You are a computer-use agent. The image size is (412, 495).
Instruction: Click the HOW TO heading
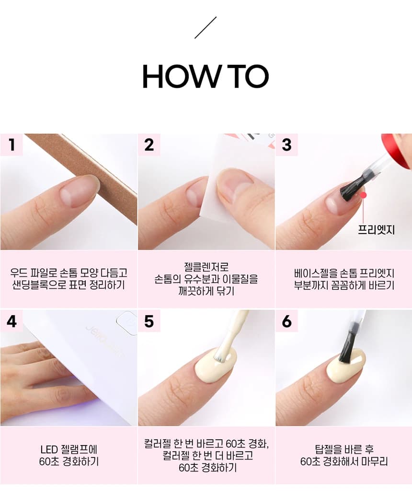[206, 76]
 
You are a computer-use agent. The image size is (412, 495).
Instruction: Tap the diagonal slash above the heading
[206, 27]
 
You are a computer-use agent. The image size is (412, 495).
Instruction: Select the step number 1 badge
[11, 145]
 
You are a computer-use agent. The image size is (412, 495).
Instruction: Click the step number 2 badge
[149, 145]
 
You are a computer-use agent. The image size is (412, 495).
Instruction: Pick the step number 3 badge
[286, 145]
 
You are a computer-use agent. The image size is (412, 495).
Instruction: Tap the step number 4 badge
[11, 321]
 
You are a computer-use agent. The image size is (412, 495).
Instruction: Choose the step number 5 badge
[149, 321]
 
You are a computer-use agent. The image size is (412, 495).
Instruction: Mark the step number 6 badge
[286, 321]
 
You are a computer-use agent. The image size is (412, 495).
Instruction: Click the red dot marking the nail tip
[364, 195]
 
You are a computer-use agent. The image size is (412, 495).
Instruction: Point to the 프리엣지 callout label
[376, 229]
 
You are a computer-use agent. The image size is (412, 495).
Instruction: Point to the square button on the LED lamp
[126, 323]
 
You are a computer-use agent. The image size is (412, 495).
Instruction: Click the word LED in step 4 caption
[49, 449]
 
